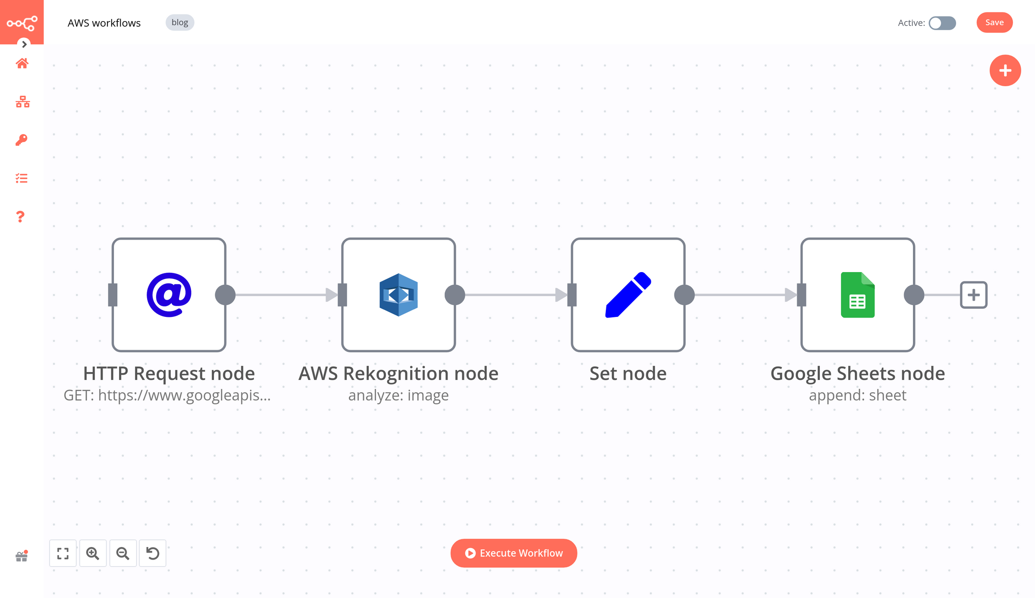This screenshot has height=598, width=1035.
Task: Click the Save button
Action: click(x=994, y=22)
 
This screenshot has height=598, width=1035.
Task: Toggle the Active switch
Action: click(x=942, y=23)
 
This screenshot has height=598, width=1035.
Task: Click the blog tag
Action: click(x=180, y=22)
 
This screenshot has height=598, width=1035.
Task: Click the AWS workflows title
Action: click(x=104, y=23)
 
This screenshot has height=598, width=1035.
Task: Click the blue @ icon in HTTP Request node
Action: click(x=169, y=295)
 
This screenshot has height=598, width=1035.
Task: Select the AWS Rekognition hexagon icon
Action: click(x=398, y=295)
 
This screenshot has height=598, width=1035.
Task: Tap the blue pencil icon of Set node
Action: click(x=628, y=295)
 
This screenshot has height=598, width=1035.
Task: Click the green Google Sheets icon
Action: click(x=857, y=295)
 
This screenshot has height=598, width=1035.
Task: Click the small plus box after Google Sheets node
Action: click(x=973, y=295)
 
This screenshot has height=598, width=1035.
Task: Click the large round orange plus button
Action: click(x=1005, y=70)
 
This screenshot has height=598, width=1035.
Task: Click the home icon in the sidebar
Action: click(x=22, y=63)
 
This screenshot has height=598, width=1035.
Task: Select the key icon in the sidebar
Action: click(x=22, y=140)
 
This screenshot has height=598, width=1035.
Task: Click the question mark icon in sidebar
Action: click(x=20, y=216)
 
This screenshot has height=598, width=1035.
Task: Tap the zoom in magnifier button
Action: click(x=93, y=553)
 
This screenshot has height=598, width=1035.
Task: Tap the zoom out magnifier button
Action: click(x=123, y=553)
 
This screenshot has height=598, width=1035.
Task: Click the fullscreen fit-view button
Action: click(x=63, y=553)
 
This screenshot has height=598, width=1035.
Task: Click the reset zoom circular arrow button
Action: click(x=153, y=553)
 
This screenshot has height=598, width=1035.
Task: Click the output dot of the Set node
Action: click(x=684, y=295)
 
